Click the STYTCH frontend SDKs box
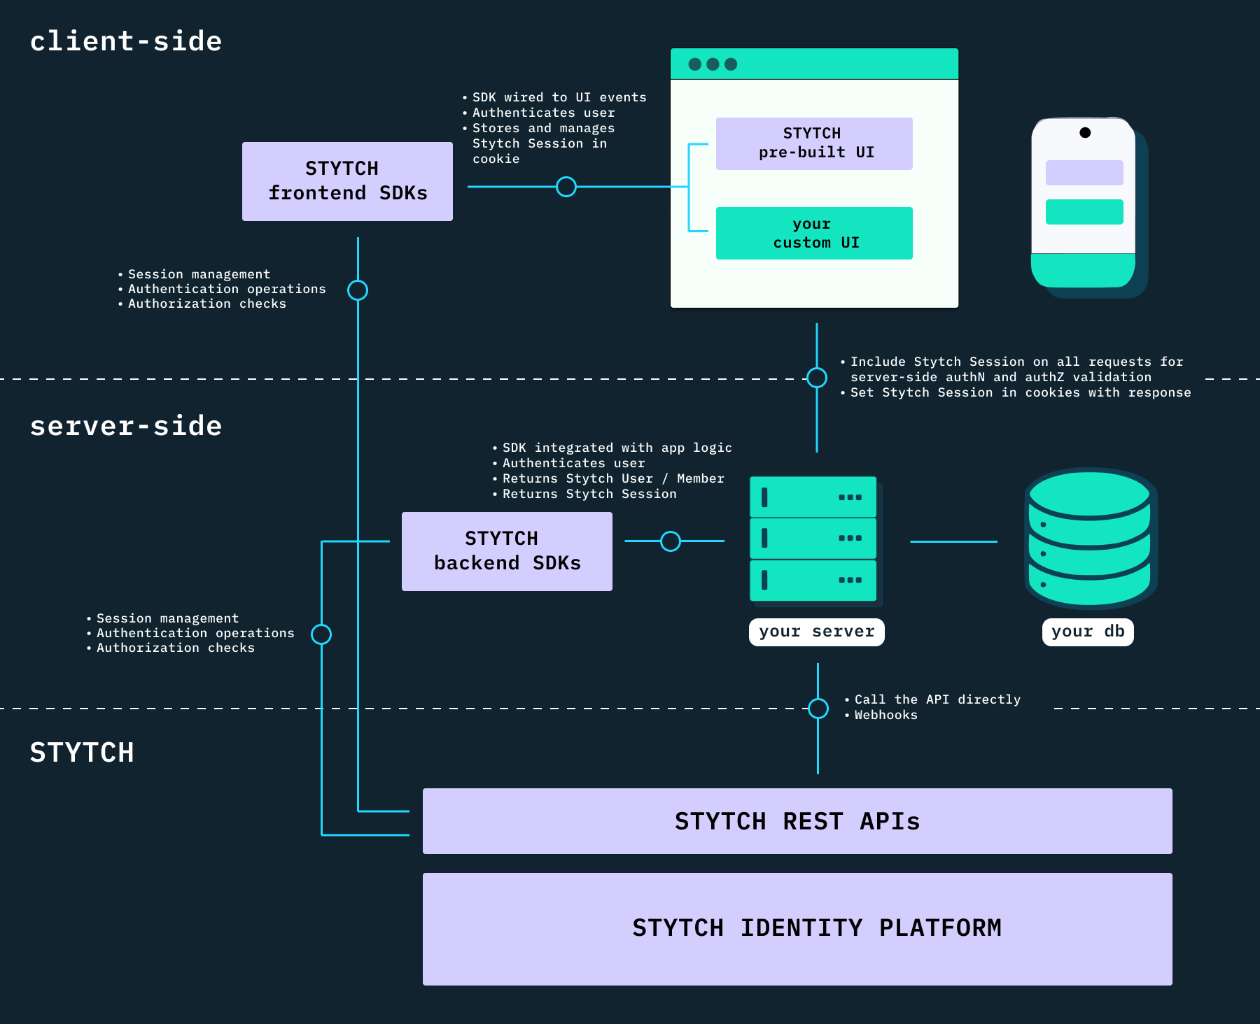tap(347, 181)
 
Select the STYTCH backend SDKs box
tap(507, 551)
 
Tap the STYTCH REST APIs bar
tap(797, 820)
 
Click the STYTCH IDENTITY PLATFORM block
tap(797, 928)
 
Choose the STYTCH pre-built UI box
tap(814, 143)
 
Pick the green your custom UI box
tap(814, 233)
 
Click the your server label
tap(816, 632)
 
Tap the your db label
tap(1087, 632)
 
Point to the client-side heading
tap(126, 41)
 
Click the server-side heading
tap(126, 426)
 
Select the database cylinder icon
tap(1090, 537)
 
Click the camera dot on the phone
tap(1085, 133)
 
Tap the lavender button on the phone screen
tap(1084, 173)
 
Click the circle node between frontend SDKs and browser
tap(566, 187)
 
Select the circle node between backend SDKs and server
tap(671, 541)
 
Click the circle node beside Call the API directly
tap(818, 708)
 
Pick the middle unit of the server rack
tap(813, 538)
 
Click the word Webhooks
tap(885, 715)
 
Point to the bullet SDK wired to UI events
tap(559, 97)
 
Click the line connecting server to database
tap(953, 541)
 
